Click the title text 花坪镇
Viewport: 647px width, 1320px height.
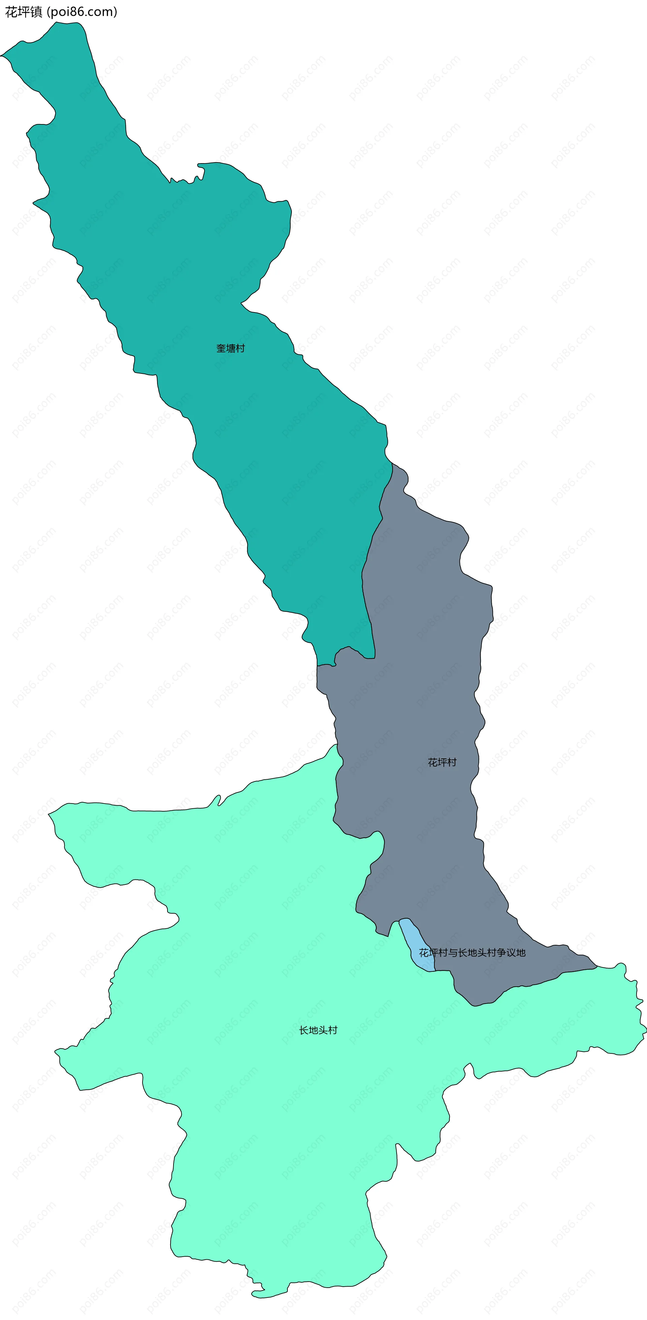coord(24,12)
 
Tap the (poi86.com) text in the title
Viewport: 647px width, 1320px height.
coord(82,12)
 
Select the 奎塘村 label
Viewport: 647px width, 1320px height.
coord(230,349)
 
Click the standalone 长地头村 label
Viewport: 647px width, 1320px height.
coord(318,1030)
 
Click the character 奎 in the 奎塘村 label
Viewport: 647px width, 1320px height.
coord(221,349)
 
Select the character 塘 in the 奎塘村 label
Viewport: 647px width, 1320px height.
coord(230,349)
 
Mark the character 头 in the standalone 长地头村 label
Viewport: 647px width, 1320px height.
coord(323,1030)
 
